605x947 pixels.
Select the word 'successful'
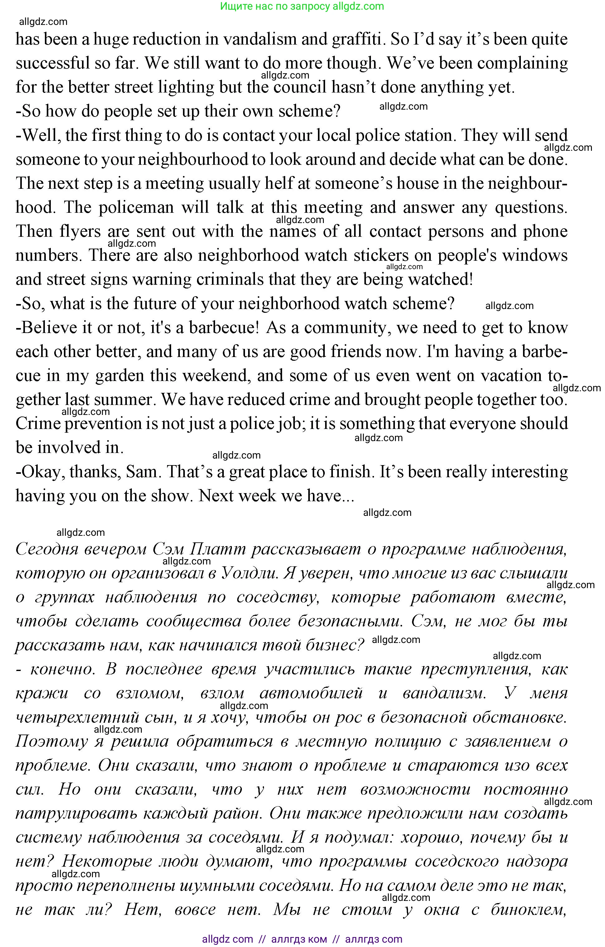click(53, 63)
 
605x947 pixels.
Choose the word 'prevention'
click(103, 424)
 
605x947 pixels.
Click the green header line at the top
click(302, 6)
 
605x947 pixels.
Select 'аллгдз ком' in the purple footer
click(299, 940)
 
